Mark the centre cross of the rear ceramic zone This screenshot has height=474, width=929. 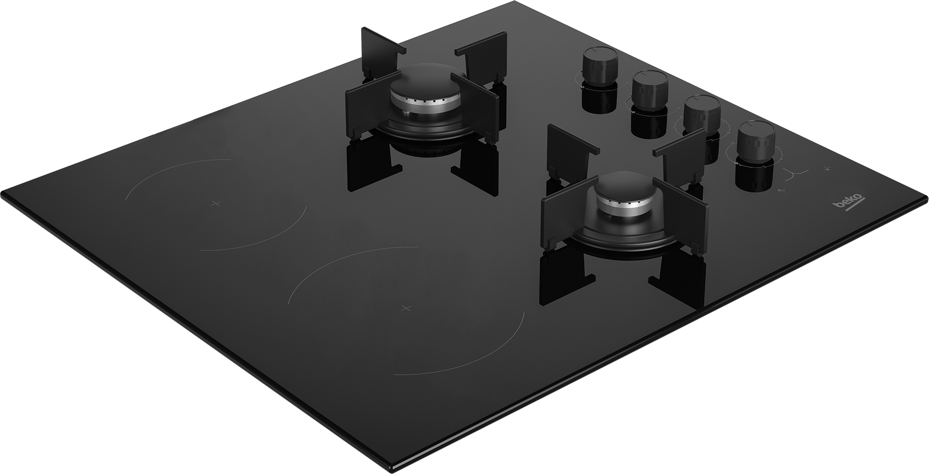pos(216,203)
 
